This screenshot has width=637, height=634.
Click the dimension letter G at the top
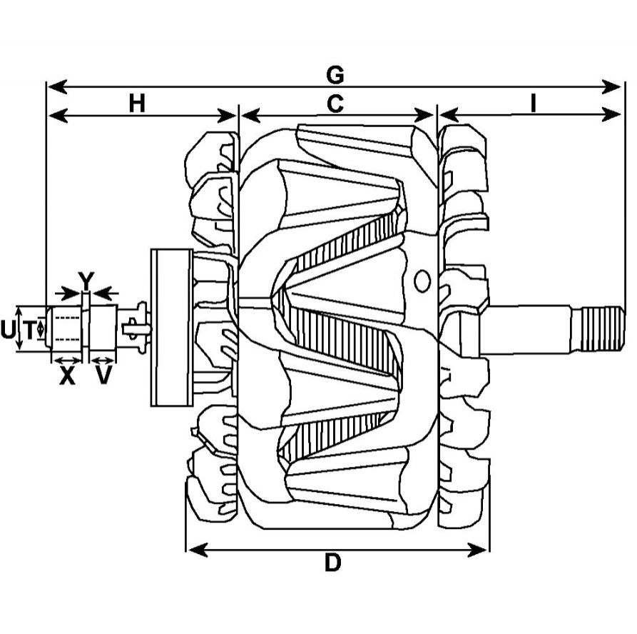pos(335,74)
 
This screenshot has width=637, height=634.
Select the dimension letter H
pos(137,103)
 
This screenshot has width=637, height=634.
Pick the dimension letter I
pos(533,103)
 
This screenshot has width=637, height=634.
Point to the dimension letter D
pos(332,563)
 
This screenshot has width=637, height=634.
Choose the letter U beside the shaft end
pos(8,330)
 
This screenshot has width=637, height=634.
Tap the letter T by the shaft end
pos(29,330)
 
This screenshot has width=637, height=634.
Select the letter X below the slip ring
pos(67,376)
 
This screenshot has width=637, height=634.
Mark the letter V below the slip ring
pos(104,376)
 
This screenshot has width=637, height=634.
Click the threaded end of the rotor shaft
pos(601,328)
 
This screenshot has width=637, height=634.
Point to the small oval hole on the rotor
pos(422,281)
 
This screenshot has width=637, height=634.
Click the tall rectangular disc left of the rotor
pos(171,328)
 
